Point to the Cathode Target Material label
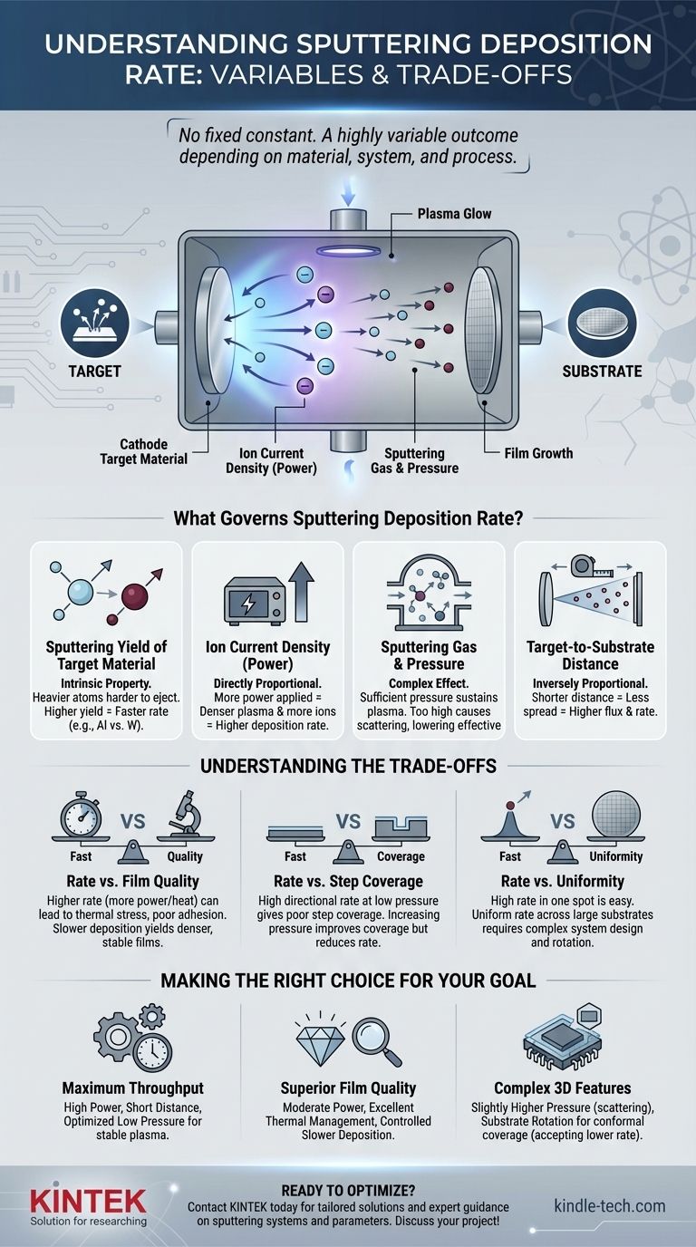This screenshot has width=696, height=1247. point(154,451)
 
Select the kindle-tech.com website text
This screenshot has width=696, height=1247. point(609,1205)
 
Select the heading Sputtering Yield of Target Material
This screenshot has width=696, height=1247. point(106,654)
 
